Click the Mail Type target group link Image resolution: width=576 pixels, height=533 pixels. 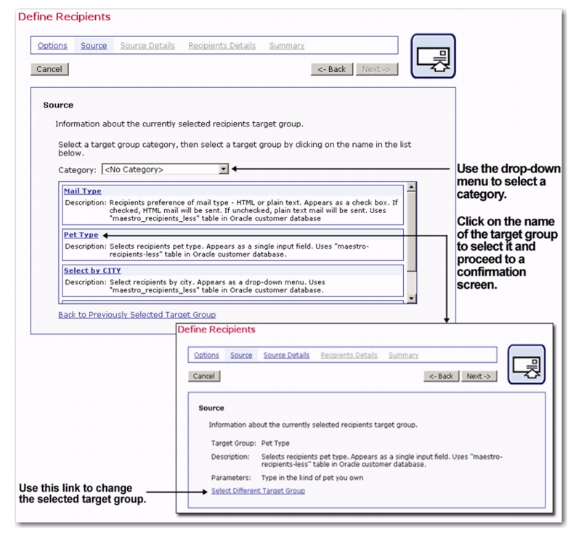click(x=82, y=191)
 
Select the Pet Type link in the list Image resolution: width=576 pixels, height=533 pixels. click(x=81, y=235)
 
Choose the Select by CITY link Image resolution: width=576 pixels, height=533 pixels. click(x=92, y=270)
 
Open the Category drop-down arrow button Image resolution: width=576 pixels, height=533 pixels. click(x=224, y=169)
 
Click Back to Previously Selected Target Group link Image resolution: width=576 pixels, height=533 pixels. click(x=137, y=315)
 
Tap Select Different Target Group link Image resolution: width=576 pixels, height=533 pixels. click(x=258, y=491)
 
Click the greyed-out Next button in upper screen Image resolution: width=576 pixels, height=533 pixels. click(x=376, y=69)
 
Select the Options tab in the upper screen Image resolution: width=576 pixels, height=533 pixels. click(x=52, y=45)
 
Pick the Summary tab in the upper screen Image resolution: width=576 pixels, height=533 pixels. click(x=287, y=45)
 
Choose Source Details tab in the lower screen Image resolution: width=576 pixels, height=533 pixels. click(x=286, y=355)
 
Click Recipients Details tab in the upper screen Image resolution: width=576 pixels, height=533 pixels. click(x=222, y=45)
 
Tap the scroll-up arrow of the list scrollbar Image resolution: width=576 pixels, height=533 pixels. click(x=412, y=188)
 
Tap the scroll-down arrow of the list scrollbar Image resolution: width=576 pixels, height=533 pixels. click(x=412, y=297)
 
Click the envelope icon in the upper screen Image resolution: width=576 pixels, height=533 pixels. click(x=433, y=56)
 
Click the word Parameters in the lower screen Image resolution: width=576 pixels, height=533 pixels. click(x=231, y=478)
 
